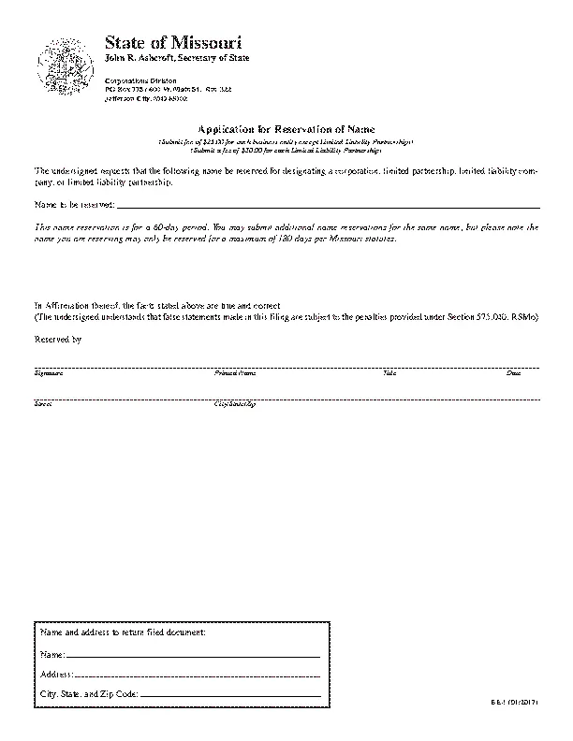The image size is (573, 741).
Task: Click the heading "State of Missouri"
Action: coord(173,43)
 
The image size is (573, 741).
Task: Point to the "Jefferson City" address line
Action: coord(148,97)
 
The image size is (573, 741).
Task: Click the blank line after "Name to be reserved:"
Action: coord(328,204)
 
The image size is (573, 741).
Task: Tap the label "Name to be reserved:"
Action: coord(74,203)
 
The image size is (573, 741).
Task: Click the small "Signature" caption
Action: coord(49,373)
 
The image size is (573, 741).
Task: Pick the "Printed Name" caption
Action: coord(235,373)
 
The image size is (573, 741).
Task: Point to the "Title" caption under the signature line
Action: coord(389,373)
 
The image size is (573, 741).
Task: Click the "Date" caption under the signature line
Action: coord(513,373)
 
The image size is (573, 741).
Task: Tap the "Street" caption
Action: coord(43,404)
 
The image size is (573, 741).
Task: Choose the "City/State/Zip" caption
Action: coord(235,404)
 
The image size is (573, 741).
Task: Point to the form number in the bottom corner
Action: coord(531,699)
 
